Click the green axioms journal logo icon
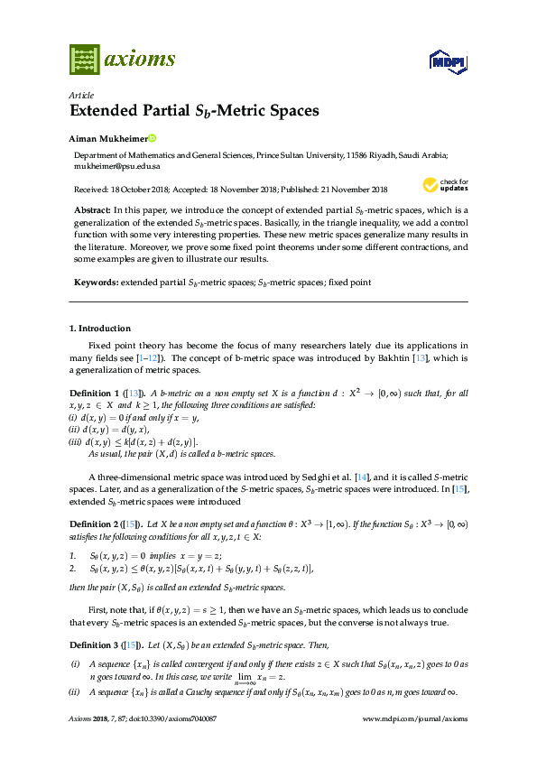[83, 60]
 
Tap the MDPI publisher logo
[446, 61]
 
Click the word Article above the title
[80, 95]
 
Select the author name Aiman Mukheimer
[107, 139]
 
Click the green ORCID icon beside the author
[153, 139]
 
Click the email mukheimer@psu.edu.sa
[116, 167]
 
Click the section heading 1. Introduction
[99, 329]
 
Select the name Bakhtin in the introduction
[408, 357]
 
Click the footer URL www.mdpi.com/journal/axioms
[414, 718]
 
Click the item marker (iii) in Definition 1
[76, 441]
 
